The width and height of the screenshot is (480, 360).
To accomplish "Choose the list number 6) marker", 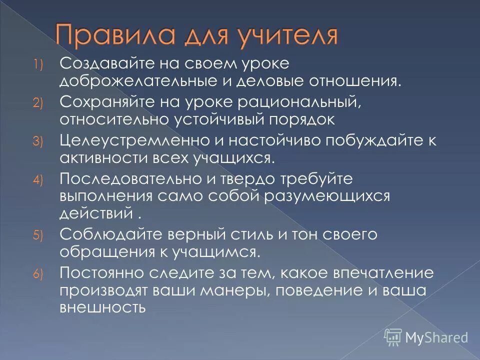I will point(39,273).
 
